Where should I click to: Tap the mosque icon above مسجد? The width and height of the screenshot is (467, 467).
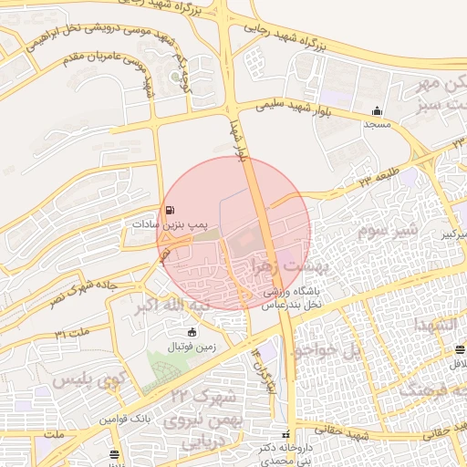click(378, 110)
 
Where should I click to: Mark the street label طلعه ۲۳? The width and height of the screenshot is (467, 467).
click(379, 179)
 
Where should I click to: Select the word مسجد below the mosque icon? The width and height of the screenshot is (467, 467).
click(379, 123)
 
